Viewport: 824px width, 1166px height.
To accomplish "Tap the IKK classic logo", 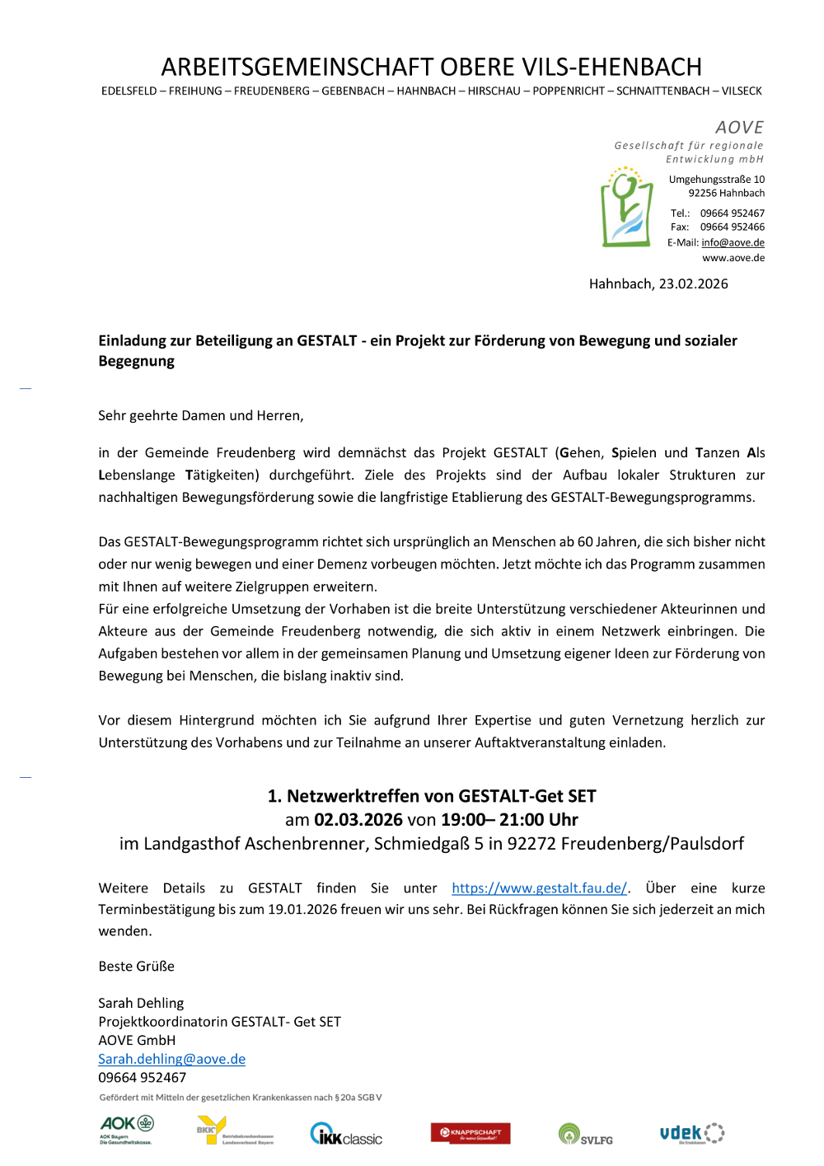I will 346,1135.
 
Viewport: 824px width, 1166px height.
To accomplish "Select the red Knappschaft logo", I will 471,1133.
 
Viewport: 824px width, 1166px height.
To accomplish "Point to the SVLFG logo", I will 585,1135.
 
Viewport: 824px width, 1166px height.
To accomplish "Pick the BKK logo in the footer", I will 234,1131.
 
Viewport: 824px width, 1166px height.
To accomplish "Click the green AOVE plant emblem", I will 627,207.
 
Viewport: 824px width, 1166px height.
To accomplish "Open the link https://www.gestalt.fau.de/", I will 539,887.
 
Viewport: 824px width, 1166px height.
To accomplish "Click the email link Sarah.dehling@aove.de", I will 171,1059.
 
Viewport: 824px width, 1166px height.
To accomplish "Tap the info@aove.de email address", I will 733,242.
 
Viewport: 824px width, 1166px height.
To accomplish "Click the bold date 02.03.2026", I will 358,820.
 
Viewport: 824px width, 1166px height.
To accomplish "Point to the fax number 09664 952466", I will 732,227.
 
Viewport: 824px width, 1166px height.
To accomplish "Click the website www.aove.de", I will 733,258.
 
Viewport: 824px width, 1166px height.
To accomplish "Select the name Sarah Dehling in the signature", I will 141,1003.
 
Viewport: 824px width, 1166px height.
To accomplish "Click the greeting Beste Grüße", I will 136,966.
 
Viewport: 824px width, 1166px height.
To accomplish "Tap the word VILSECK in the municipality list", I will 742,91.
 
